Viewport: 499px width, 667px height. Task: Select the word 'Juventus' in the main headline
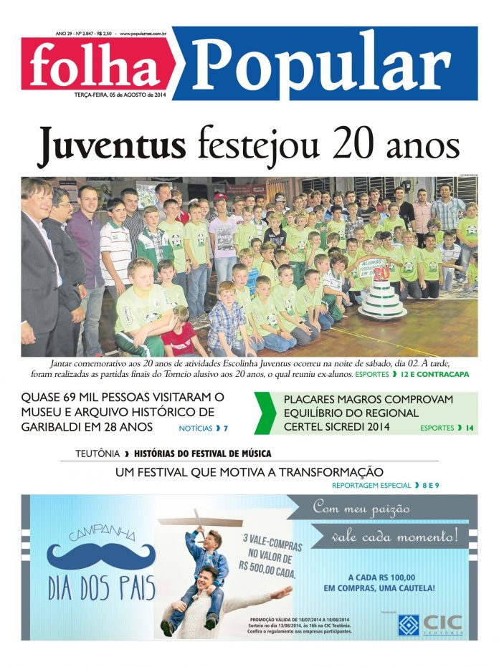click(x=111, y=143)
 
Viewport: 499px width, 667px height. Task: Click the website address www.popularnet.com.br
click(x=143, y=33)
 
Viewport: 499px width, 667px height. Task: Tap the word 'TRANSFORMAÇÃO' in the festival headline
click(x=331, y=471)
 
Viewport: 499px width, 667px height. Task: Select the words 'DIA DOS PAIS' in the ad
click(x=101, y=588)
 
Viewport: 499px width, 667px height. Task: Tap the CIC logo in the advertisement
click(x=431, y=623)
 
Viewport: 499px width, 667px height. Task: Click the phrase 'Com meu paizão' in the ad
click(x=361, y=509)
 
